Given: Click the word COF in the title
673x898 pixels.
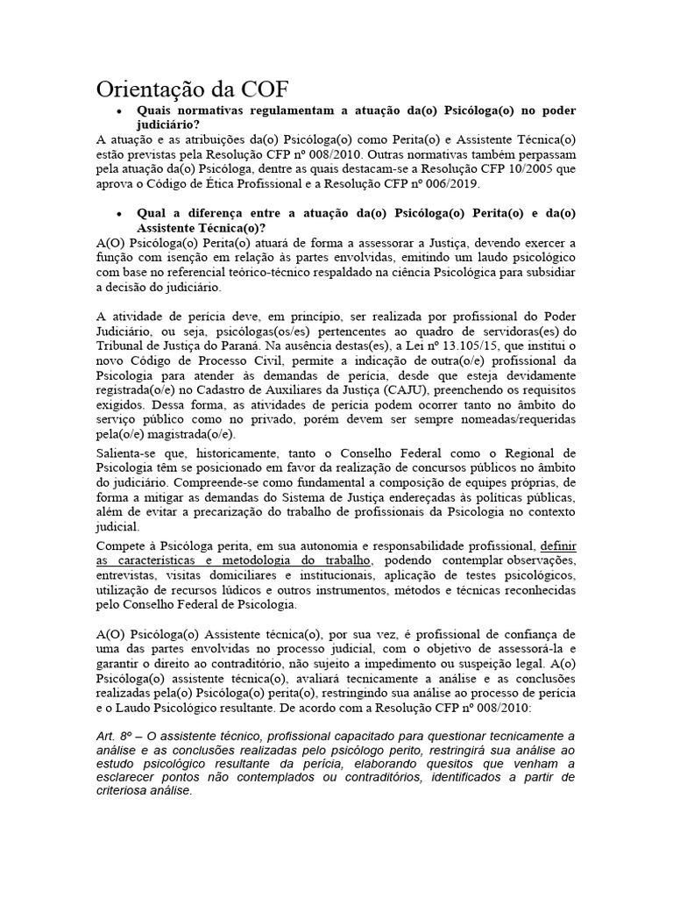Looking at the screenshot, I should [258, 90].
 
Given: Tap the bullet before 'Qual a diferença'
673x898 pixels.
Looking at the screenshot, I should [118, 213].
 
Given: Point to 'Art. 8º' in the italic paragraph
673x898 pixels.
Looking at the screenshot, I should [114, 735].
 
